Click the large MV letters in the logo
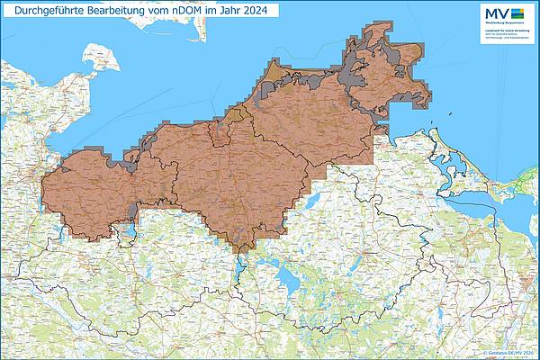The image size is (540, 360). click(497, 13)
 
